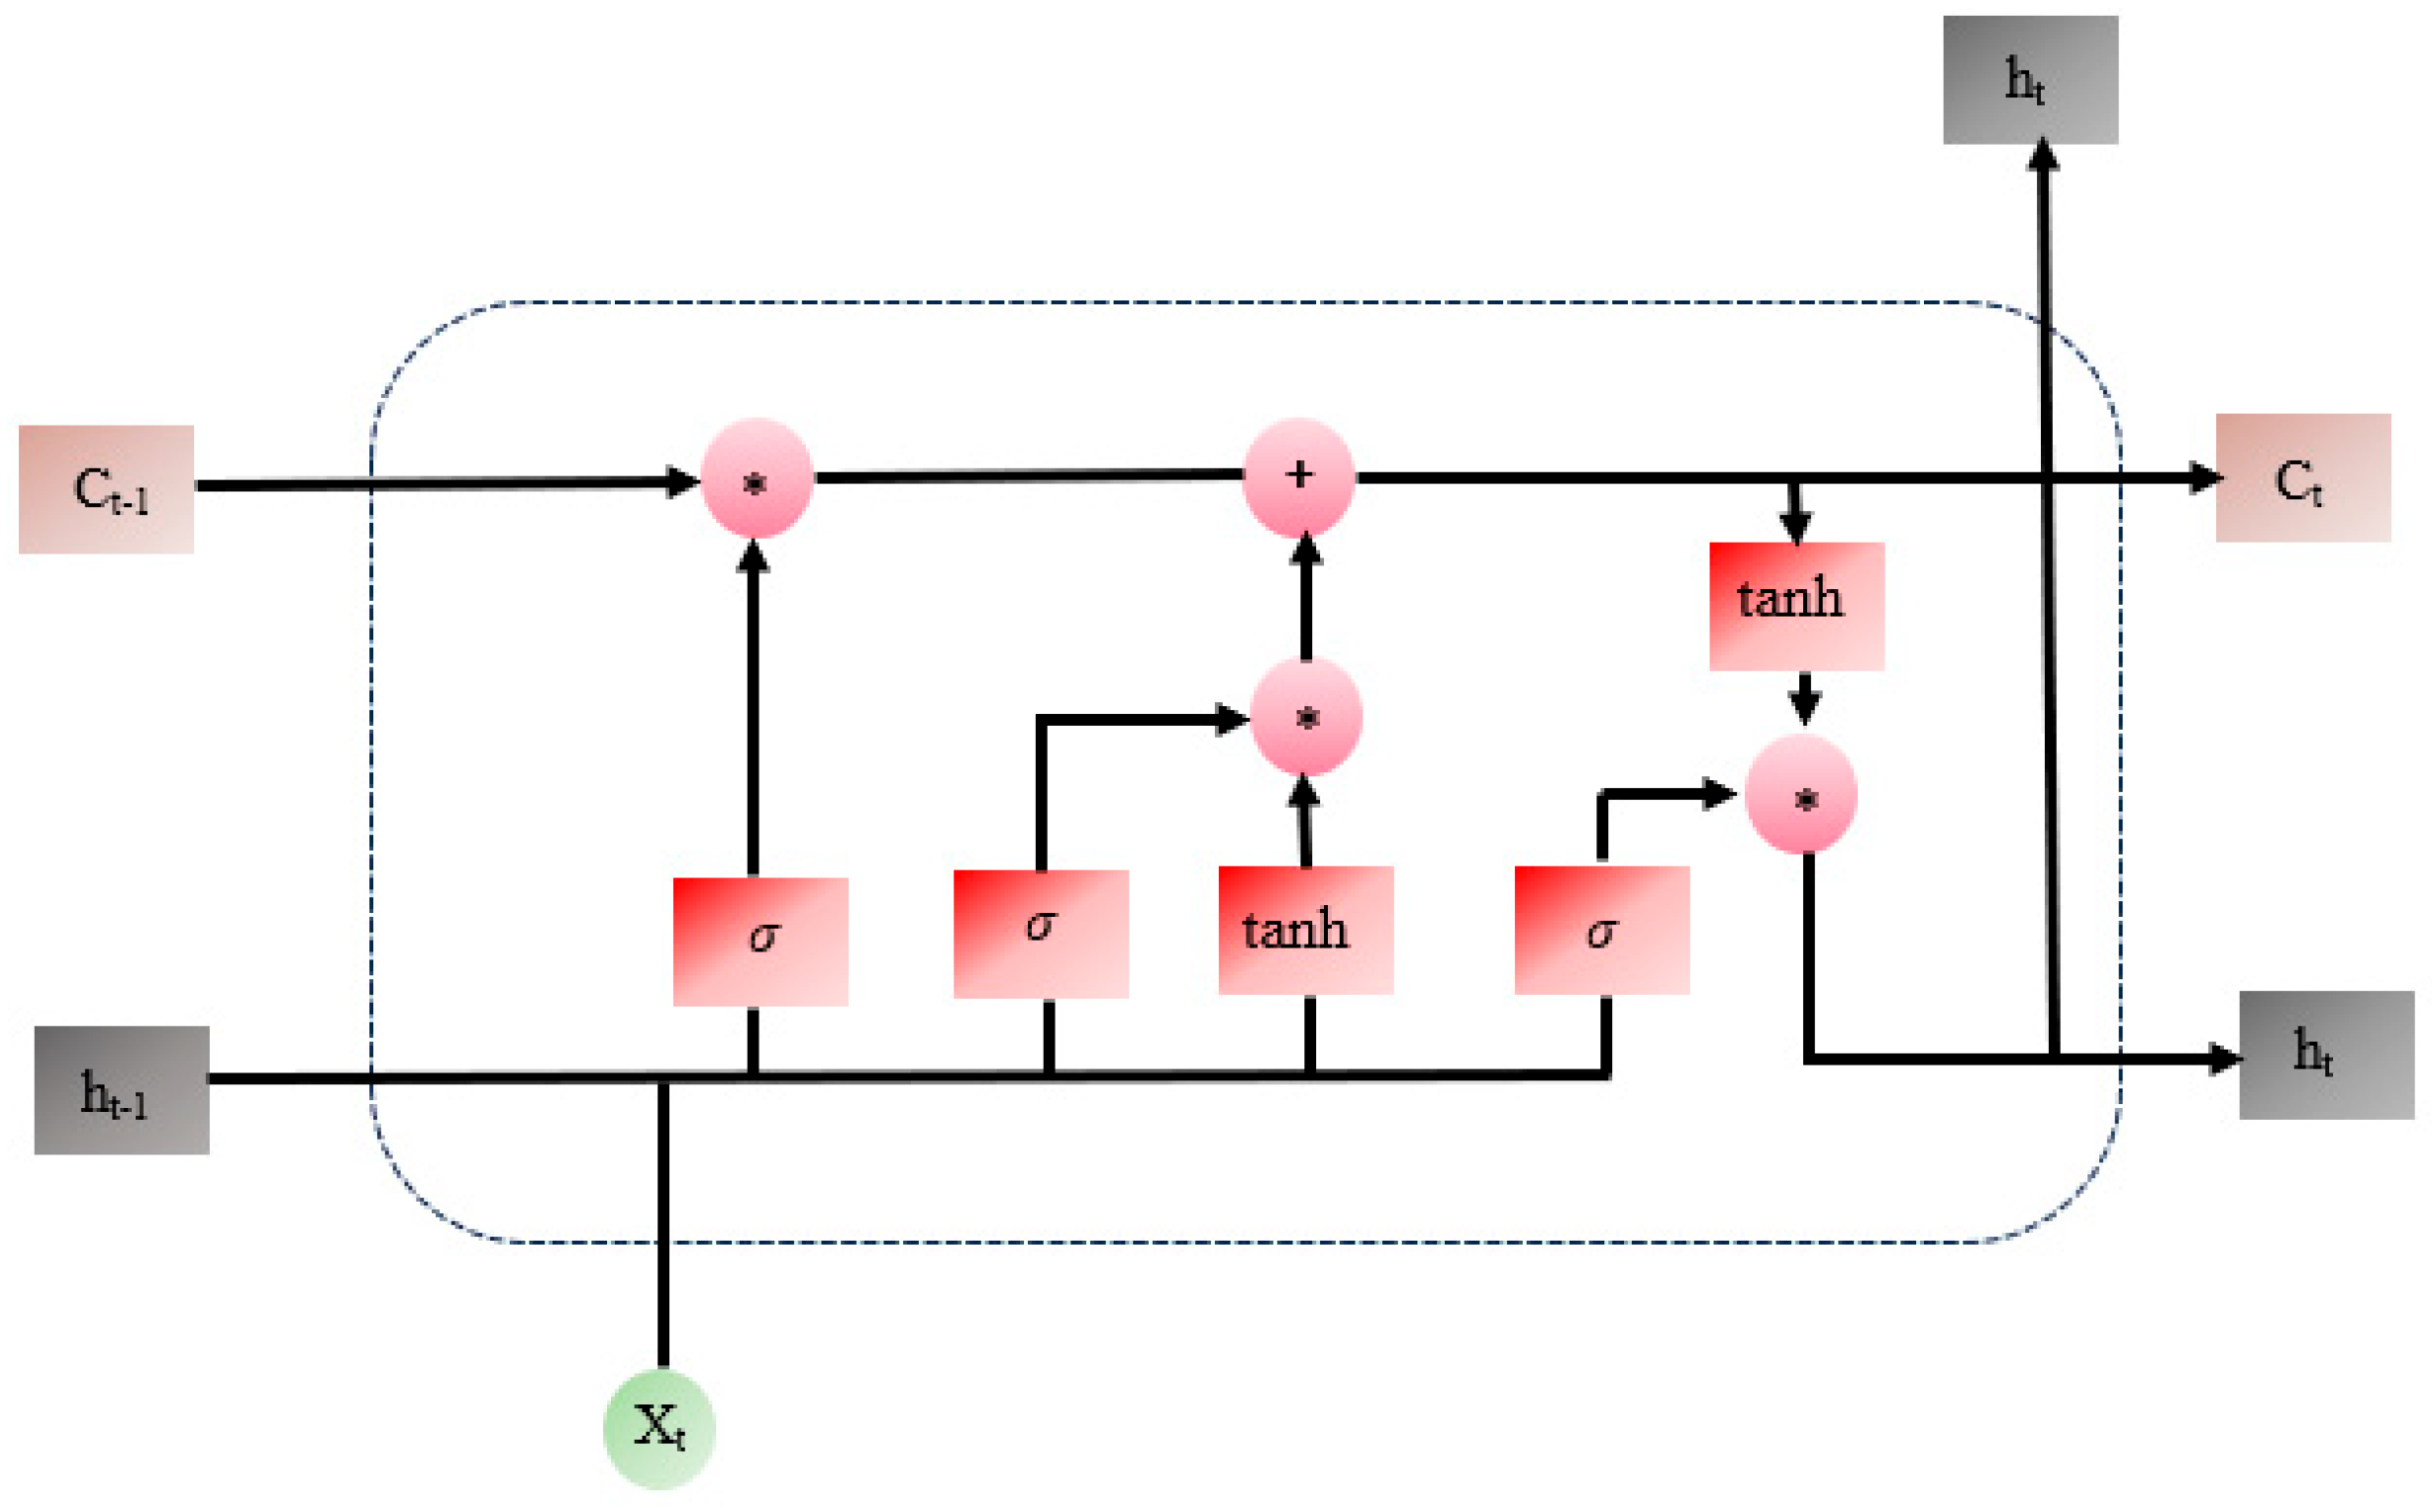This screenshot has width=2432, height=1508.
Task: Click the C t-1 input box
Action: (x=106, y=490)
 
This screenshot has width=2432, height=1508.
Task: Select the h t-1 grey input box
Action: (x=122, y=1090)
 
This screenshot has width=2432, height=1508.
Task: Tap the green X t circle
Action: (x=659, y=1428)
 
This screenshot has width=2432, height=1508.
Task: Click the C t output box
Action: (x=2302, y=477)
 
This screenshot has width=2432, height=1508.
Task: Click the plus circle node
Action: (x=1298, y=476)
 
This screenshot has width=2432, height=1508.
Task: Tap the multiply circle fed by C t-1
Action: (x=756, y=478)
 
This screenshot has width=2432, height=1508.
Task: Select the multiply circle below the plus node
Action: (x=1305, y=717)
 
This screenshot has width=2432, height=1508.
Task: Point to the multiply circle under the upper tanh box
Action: (x=1801, y=795)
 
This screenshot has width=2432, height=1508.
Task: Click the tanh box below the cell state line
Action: (x=1796, y=605)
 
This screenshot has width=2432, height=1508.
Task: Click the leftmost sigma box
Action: (x=760, y=941)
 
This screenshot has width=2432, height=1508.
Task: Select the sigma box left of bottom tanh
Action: (x=1040, y=933)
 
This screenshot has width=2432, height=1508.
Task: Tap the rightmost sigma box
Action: (x=1601, y=930)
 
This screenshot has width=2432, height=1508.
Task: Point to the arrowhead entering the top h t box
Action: (x=2043, y=156)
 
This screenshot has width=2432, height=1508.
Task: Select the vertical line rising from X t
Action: (x=663, y=1227)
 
